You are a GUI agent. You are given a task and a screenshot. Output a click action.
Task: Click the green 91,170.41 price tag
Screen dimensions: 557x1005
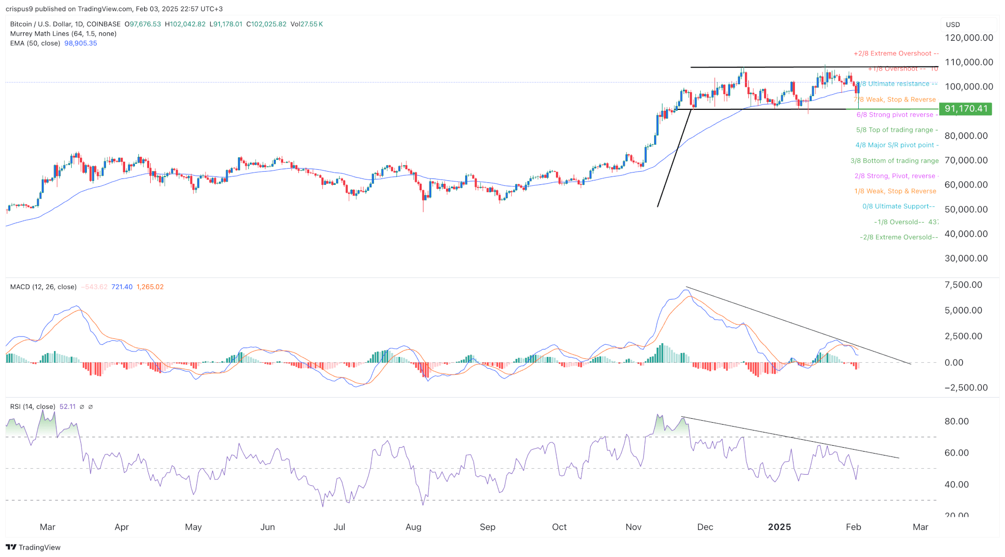pyautogui.click(x=965, y=109)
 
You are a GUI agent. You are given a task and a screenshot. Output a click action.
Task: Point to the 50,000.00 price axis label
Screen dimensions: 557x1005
pyautogui.click(x=966, y=209)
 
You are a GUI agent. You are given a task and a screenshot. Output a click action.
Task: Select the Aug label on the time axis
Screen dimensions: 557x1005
pyautogui.click(x=413, y=527)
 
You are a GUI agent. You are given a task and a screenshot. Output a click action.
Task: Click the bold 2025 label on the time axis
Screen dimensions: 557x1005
pyautogui.click(x=779, y=527)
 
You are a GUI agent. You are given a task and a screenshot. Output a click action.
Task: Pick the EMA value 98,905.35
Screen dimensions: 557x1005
pyautogui.click(x=80, y=43)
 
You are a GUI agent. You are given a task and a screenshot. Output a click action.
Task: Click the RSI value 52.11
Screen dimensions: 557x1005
pyautogui.click(x=68, y=406)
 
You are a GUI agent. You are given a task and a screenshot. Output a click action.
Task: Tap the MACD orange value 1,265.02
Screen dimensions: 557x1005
pyautogui.click(x=150, y=287)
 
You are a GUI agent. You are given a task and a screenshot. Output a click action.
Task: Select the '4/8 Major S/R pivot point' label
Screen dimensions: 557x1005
pyautogui.click(x=897, y=145)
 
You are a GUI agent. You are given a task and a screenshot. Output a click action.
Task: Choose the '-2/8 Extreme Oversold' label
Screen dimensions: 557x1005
pyautogui.click(x=899, y=237)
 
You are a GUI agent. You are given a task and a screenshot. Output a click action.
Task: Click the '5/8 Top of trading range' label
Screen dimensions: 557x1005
pyautogui.click(x=897, y=130)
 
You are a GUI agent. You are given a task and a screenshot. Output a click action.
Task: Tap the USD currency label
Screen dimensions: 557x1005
pyautogui.click(x=953, y=25)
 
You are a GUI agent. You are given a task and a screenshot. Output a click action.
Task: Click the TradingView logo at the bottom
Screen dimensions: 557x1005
pyautogui.click(x=33, y=547)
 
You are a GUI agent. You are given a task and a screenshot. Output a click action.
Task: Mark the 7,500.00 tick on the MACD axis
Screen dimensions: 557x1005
pyautogui.click(x=963, y=285)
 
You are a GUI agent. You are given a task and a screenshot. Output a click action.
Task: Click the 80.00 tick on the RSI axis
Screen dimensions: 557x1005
pyautogui.click(x=956, y=421)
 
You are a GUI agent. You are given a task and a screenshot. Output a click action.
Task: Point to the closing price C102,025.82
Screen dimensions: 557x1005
pyautogui.click(x=266, y=24)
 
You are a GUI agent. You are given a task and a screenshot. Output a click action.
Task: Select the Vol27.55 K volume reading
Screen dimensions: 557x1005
pyautogui.click(x=307, y=24)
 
